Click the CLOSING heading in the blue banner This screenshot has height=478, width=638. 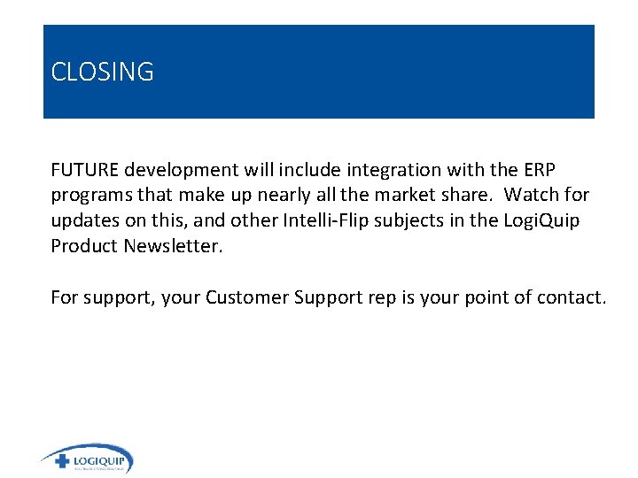point(102,72)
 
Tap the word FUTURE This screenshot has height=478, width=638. point(85,169)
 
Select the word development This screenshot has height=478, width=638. point(180,169)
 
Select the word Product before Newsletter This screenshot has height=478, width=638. point(85,246)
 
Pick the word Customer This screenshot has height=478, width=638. point(243,297)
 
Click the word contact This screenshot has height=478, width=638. point(572,297)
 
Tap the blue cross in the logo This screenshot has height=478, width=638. point(62,461)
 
